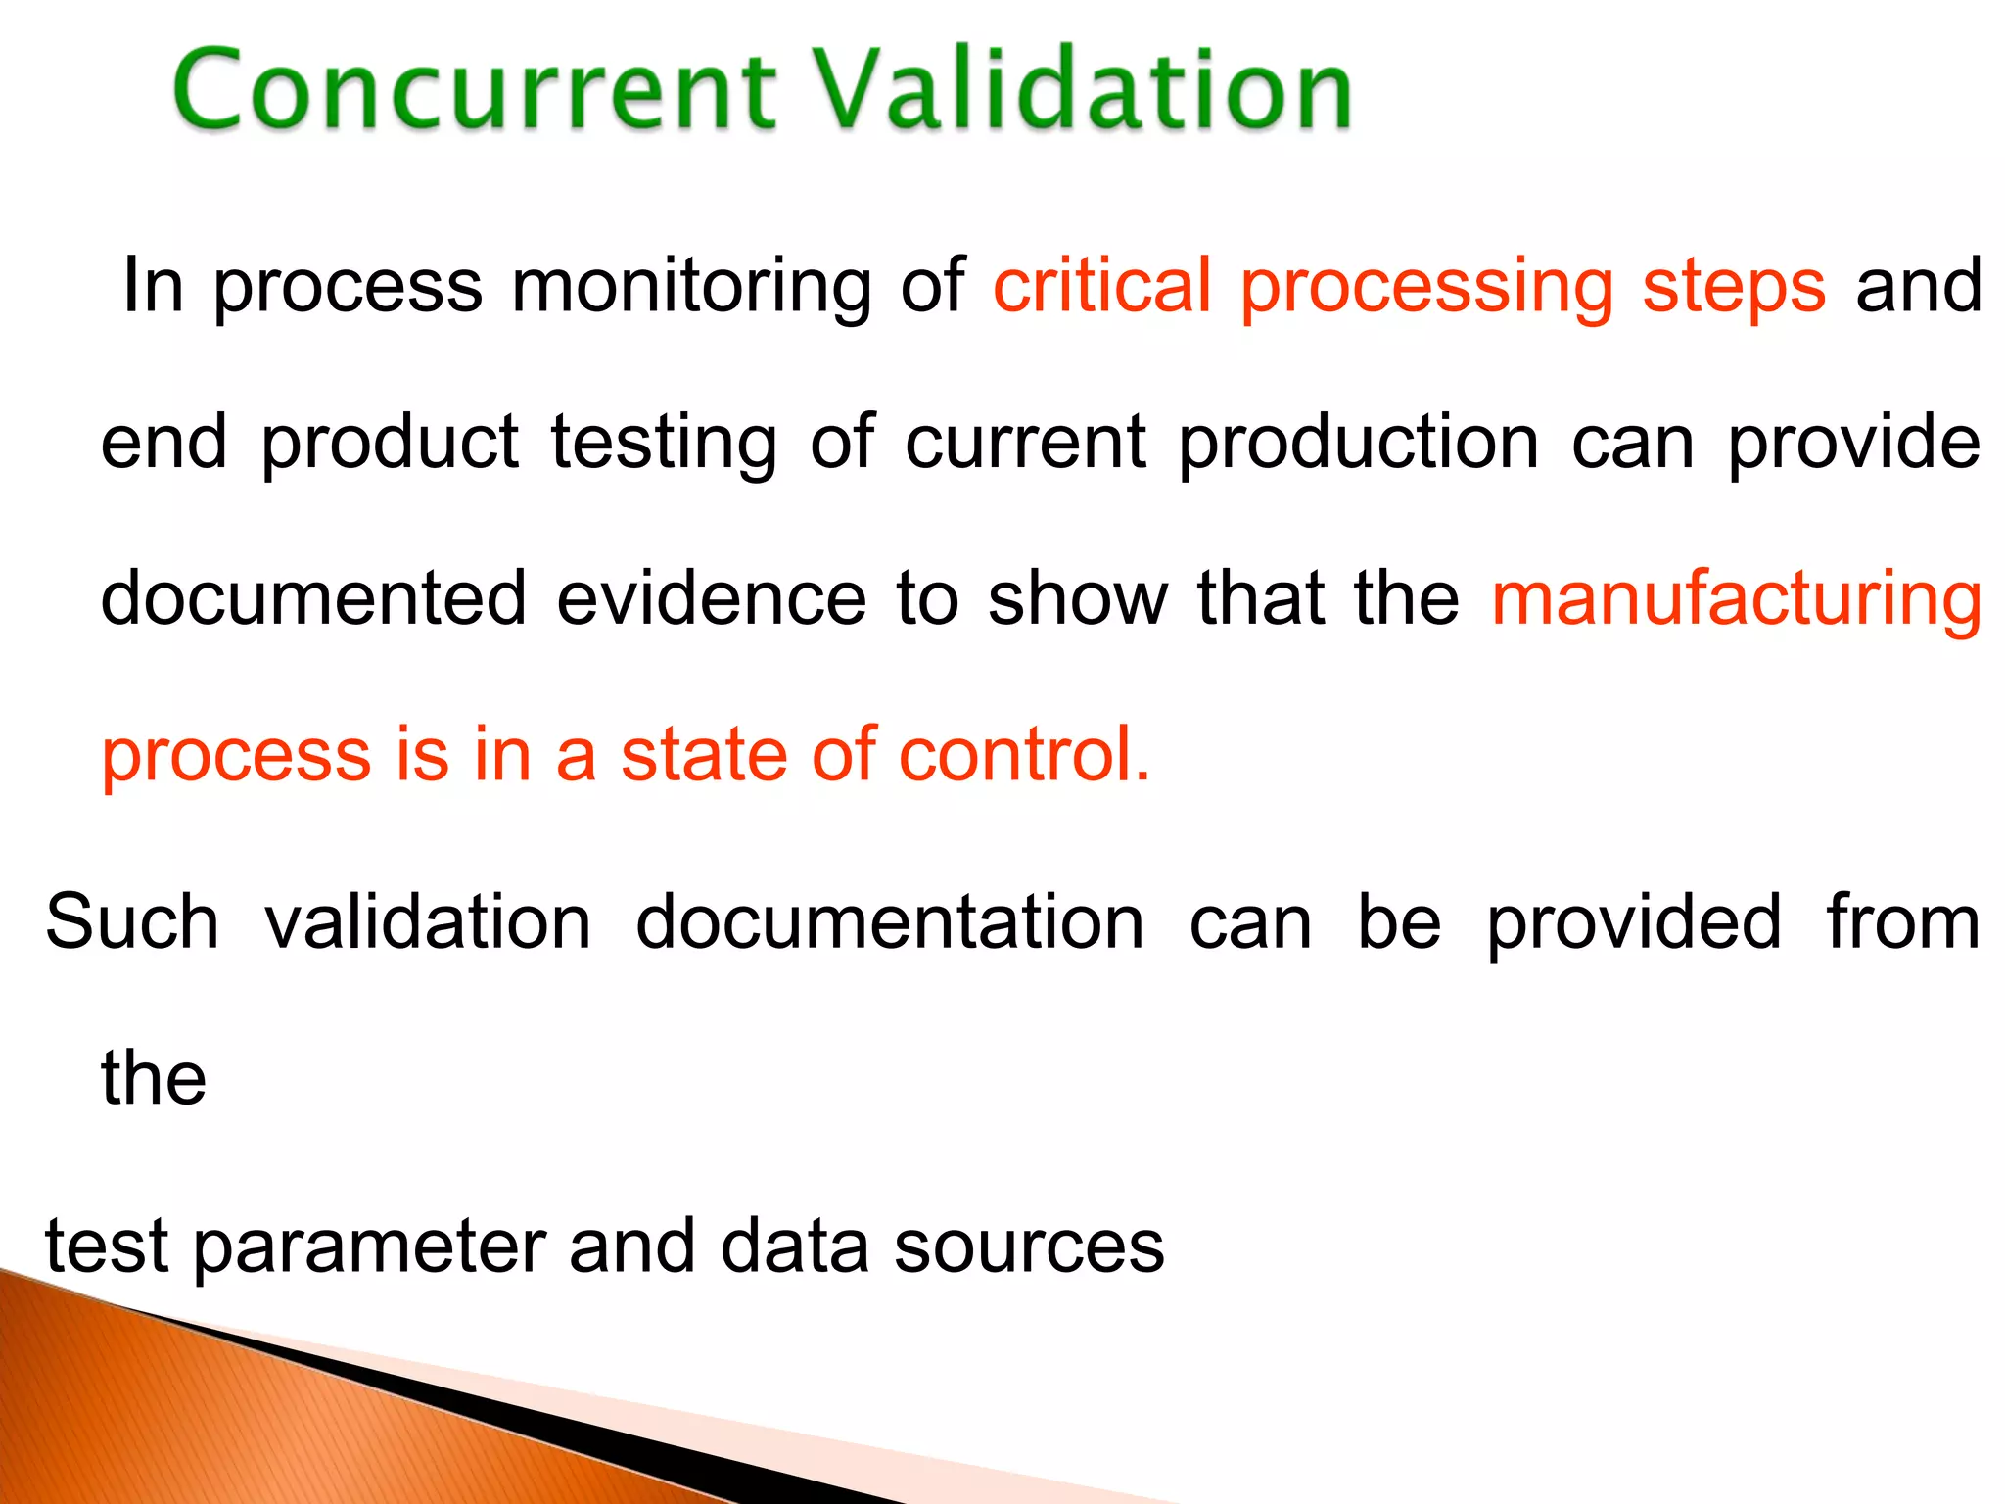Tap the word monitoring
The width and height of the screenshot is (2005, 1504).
(691, 286)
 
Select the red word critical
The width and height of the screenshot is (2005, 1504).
(1102, 286)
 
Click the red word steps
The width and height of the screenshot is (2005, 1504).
(1734, 286)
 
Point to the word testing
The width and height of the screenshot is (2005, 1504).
(664, 443)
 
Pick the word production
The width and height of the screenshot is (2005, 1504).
(1359, 443)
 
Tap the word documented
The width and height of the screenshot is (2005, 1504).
(313, 599)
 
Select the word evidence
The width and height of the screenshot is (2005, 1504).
(712, 599)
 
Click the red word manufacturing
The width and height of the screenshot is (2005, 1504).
(1737, 599)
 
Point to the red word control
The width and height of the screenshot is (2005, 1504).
(1024, 756)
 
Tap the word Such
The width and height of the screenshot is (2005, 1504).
(132, 922)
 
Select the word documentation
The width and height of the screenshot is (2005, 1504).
(890, 922)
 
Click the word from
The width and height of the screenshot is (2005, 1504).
(1903, 922)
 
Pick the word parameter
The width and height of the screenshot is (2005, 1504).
(368, 1247)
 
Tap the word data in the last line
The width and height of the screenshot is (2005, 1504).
(794, 1247)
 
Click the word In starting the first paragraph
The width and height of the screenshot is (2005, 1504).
(153, 286)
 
